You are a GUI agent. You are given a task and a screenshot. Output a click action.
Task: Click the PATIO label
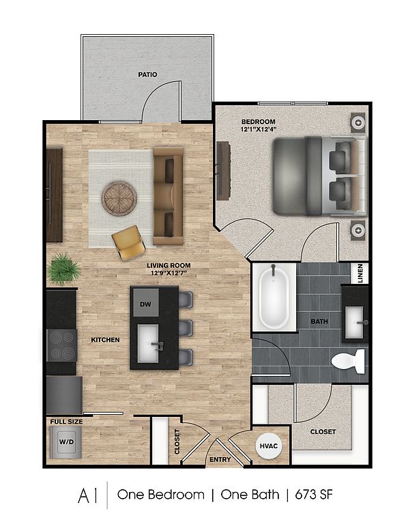147,74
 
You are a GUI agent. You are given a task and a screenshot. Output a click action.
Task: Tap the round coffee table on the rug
119,199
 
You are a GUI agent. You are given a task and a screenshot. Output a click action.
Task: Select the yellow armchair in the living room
129,242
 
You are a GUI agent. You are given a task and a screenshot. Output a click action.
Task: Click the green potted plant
64,269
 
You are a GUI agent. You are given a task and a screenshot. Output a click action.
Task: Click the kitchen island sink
148,343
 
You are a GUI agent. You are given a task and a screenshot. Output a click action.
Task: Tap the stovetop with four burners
62,345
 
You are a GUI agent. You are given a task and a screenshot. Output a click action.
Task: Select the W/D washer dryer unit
65,442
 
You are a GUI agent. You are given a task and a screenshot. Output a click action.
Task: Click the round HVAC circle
269,446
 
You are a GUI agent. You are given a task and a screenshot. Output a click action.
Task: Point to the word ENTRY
220,460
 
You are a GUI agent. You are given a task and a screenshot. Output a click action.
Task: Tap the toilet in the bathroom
348,361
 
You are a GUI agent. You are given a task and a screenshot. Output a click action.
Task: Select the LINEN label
360,274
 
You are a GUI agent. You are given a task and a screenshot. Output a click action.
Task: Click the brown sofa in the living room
168,196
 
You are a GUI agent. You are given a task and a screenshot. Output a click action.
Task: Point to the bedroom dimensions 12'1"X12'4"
259,129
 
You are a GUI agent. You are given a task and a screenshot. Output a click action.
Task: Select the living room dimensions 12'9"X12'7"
169,273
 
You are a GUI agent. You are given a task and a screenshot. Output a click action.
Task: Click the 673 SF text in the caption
313,495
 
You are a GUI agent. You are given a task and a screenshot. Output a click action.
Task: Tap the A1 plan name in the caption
88,495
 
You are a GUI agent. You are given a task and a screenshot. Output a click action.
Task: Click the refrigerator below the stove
65,395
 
